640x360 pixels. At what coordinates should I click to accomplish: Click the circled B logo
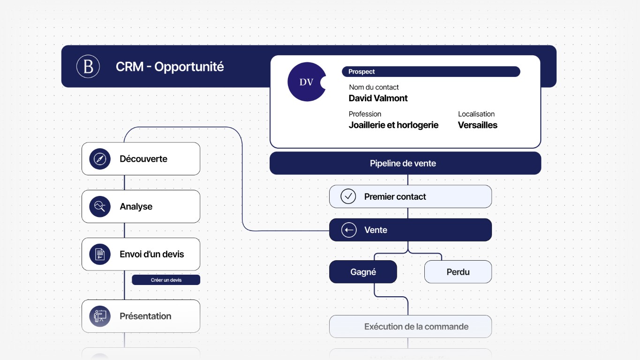(88, 67)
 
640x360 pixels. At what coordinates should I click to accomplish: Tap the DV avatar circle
(307, 82)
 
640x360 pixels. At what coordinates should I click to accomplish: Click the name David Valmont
(378, 98)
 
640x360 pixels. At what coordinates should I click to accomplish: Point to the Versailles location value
(477, 125)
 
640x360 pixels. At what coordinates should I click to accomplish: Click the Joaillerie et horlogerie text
(393, 125)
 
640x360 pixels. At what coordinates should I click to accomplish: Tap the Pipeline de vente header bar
(406, 163)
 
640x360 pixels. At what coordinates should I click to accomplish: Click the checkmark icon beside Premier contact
(348, 196)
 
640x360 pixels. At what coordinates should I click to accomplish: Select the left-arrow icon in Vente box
(349, 230)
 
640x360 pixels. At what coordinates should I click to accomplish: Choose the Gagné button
(363, 272)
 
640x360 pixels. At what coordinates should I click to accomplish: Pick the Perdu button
(458, 272)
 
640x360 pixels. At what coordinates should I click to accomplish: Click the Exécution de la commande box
(410, 327)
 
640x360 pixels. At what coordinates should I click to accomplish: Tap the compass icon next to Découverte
(100, 159)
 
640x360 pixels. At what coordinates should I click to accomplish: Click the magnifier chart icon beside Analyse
(100, 207)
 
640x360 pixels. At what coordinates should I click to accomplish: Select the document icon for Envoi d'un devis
(100, 254)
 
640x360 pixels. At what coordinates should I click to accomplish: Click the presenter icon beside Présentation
(100, 316)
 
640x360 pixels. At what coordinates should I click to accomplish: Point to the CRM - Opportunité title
(170, 67)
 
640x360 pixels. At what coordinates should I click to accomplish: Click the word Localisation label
(476, 114)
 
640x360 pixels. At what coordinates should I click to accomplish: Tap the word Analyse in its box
(136, 207)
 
